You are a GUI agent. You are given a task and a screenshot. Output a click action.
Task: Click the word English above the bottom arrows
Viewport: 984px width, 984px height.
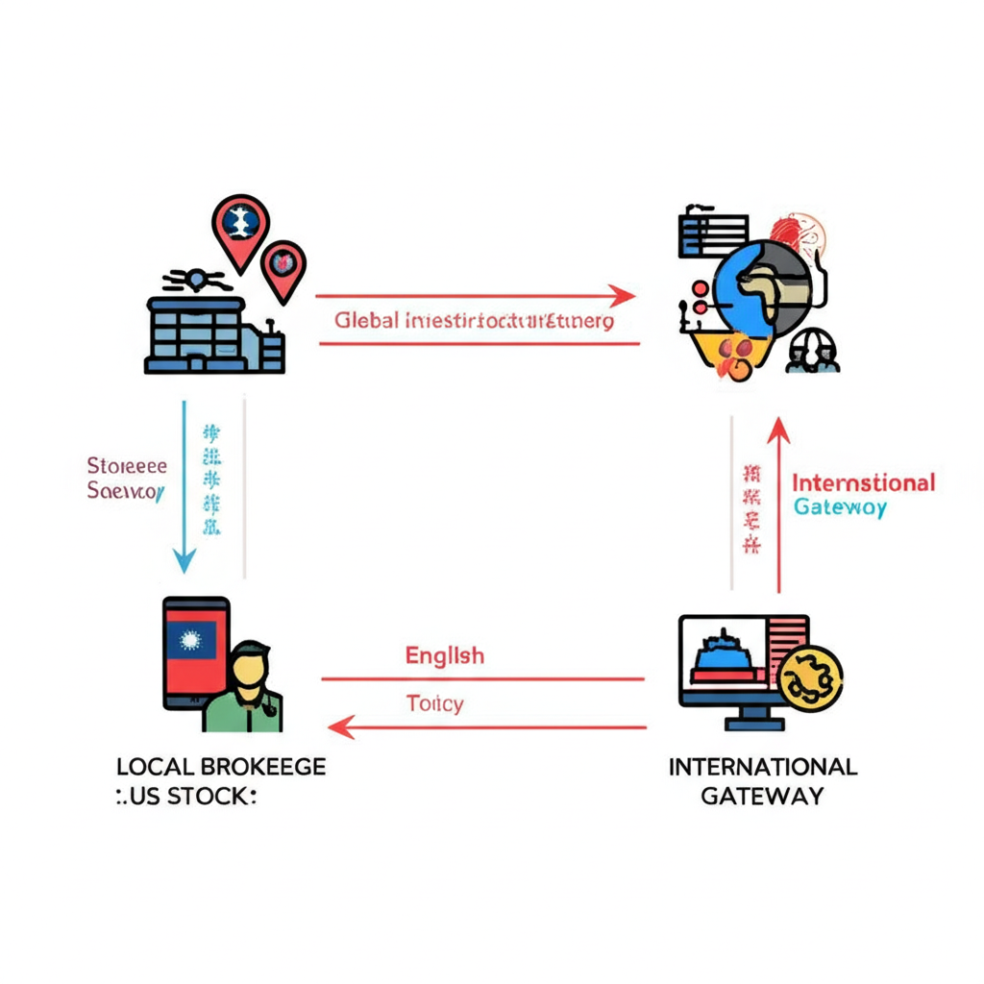444,656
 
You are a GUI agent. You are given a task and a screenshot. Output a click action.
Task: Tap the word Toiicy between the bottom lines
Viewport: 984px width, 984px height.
434,703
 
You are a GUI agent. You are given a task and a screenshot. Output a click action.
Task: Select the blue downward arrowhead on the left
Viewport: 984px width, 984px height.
184,559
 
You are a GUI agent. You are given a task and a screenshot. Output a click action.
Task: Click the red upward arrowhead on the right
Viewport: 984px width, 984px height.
778,428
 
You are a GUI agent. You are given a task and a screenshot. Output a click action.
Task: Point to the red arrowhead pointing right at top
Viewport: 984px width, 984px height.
623,296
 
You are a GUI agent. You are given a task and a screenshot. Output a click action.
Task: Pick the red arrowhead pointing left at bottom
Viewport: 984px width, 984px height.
343,727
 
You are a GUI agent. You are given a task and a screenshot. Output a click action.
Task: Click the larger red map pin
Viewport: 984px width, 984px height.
239,229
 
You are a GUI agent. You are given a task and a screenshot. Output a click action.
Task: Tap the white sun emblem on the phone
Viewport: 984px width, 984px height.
189,639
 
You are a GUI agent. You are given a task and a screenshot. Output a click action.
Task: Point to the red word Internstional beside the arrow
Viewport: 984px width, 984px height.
863,482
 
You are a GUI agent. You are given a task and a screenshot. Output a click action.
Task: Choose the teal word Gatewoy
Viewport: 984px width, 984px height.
840,508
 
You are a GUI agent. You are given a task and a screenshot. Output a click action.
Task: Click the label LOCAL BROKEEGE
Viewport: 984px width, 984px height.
220,767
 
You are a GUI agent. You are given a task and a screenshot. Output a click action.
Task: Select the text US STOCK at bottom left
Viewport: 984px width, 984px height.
190,796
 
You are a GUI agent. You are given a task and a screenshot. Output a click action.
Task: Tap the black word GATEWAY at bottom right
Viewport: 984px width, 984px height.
762,796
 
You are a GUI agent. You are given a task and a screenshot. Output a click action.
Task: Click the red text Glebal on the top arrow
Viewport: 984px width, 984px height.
366,320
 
